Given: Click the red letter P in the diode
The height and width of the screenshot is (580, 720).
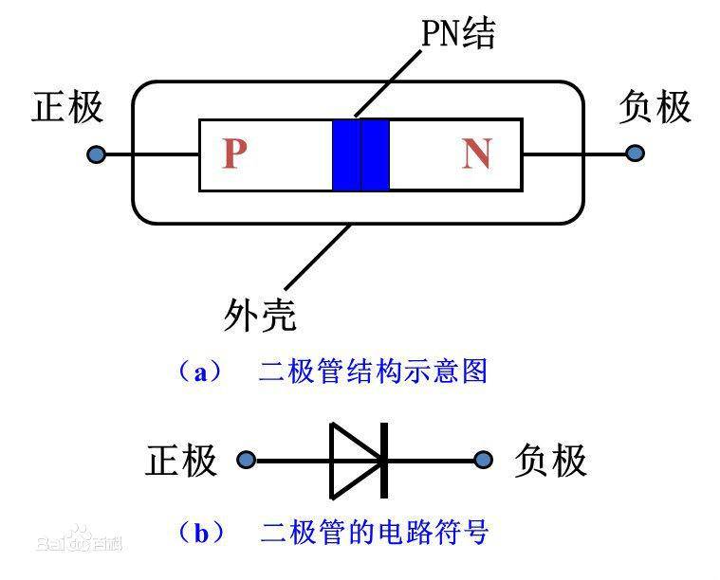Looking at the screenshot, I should [x=233, y=154].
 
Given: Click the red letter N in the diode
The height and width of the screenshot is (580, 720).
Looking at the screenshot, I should [x=476, y=154].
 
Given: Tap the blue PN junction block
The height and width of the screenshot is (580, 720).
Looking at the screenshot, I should [x=360, y=154].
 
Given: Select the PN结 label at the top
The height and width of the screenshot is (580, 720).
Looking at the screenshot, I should [x=457, y=35].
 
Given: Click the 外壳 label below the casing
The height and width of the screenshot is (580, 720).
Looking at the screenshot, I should [x=259, y=315].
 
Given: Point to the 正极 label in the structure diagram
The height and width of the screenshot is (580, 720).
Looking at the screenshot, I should [x=67, y=107].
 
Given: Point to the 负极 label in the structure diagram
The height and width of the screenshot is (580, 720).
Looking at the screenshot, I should [x=654, y=107].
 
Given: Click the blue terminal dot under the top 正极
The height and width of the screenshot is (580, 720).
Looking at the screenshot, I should [x=95, y=154].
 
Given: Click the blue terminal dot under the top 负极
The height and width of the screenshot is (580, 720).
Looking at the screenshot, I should [x=635, y=153].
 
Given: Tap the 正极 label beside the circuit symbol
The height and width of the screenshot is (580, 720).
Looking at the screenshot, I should [x=181, y=461].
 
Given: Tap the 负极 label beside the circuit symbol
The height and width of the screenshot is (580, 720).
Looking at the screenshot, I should [x=550, y=461].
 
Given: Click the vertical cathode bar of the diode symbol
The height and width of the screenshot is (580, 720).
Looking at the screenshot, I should [x=384, y=461].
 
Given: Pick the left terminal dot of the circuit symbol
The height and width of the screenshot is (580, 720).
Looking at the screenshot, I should [x=247, y=461].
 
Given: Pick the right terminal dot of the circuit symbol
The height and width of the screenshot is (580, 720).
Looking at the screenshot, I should [x=484, y=461].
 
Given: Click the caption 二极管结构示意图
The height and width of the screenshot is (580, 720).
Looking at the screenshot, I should [x=373, y=372].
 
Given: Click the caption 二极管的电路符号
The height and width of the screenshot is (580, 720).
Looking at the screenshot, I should [x=374, y=533].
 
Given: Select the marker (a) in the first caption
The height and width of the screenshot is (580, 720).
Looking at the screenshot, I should [x=199, y=372].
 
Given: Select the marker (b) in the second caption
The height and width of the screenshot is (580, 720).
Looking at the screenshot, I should [x=200, y=533].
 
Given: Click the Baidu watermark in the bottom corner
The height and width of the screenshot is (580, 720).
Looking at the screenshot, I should [x=80, y=544].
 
